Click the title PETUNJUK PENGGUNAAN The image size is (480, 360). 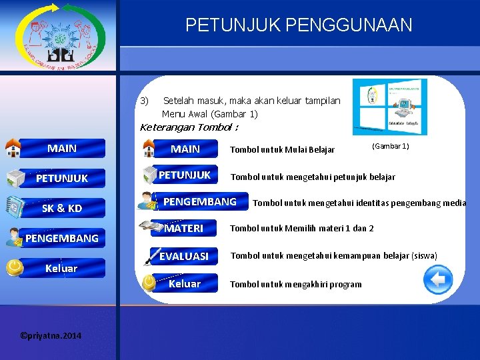(x=299, y=25)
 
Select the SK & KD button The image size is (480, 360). (x=61, y=208)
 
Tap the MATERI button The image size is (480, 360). (x=184, y=228)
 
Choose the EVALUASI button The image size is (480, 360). (x=184, y=256)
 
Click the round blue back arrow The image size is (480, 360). (x=438, y=279)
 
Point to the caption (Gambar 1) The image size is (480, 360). (x=390, y=146)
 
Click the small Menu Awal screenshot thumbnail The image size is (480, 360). (x=389, y=107)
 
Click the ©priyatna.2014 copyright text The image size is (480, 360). (x=51, y=335)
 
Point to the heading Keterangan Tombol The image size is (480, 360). (x=189, y=127)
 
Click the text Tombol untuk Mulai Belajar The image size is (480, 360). (x=282, y=149)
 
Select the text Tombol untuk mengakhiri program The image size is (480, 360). (x=295, y=284)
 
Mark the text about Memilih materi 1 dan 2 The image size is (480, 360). (x=301, y=229)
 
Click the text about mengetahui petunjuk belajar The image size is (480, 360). (x=312, y=177)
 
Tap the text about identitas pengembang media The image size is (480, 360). (x=359, y=203)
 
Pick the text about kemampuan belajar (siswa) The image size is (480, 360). (x=333, y=256)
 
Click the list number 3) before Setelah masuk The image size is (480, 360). (x=145, y=101)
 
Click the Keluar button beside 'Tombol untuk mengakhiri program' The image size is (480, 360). (x=185, y=284)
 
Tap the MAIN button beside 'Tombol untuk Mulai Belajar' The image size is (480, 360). (x=185, y=149)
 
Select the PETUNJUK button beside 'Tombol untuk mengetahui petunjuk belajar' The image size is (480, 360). (x=185, y=175)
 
